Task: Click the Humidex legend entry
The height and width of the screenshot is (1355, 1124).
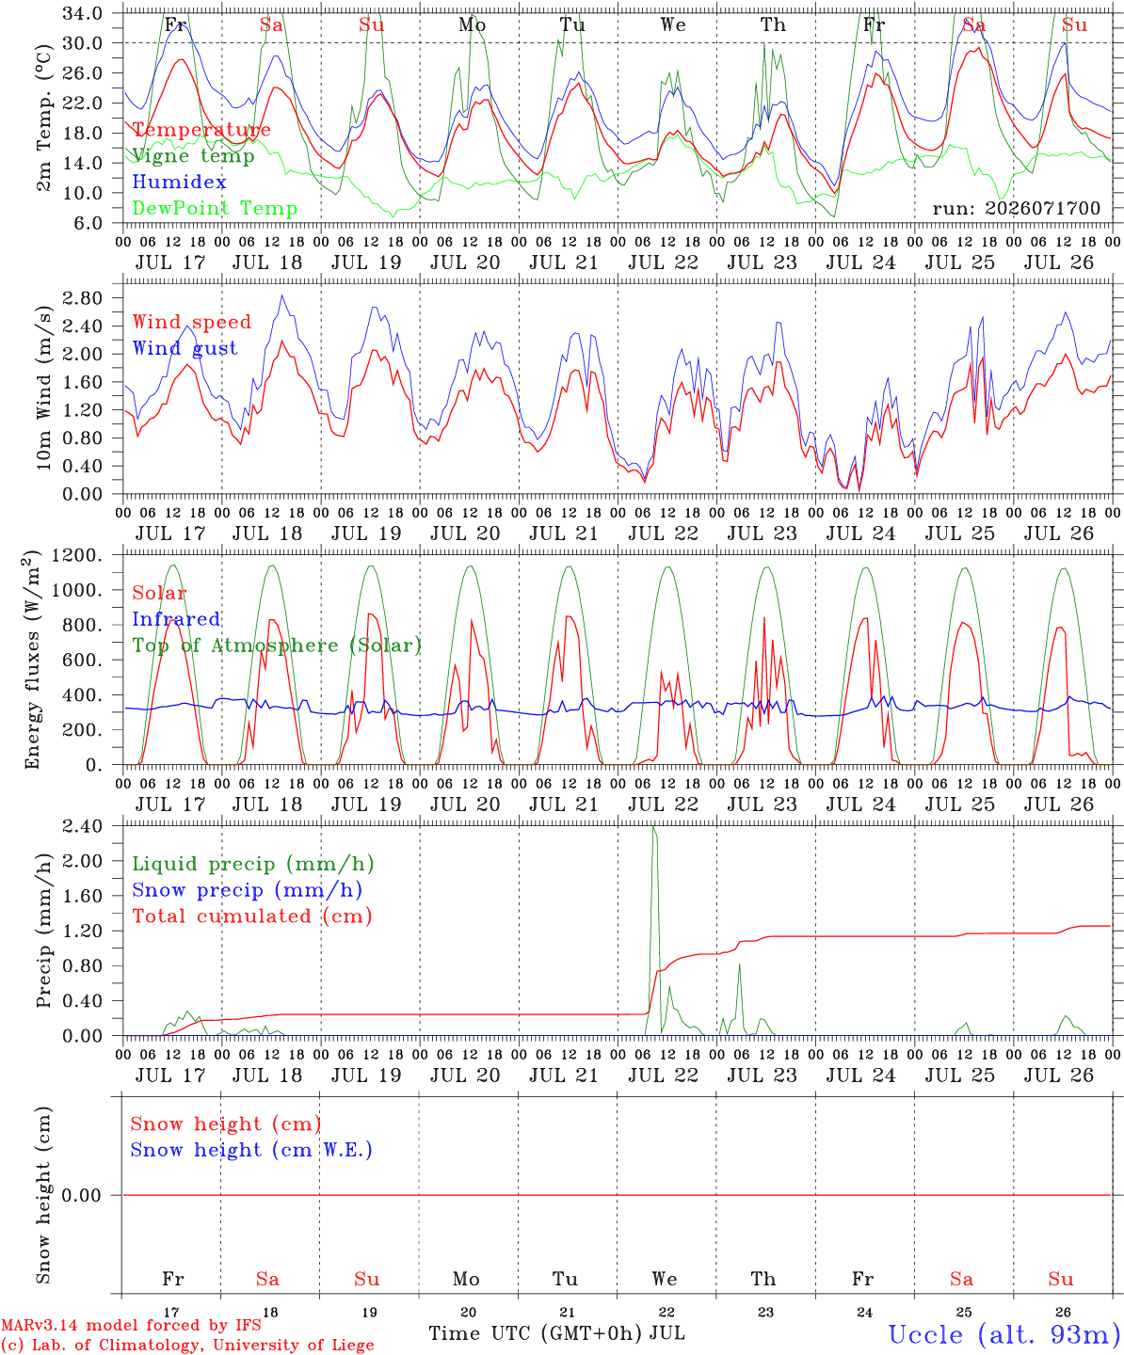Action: [x=179, y=182]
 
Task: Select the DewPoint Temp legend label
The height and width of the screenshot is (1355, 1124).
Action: [x=215, y=208]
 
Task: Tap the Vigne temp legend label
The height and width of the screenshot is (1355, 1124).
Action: [x=193, y=156]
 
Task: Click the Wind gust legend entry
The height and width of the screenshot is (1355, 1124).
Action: [x=185, y=348]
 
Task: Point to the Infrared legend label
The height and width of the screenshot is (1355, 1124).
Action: [x=176, y=619]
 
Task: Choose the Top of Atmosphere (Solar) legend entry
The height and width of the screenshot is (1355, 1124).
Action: [x=278, y=646]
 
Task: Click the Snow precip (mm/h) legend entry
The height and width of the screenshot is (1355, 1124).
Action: [x=247, y=890]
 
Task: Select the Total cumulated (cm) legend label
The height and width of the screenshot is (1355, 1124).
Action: [x=252, y=917]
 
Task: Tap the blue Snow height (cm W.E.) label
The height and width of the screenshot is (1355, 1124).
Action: [x=251, y=1150]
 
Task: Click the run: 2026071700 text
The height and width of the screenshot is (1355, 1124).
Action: [x=1016, y=208]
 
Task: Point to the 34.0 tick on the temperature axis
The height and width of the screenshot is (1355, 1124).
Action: [x=83, y=13]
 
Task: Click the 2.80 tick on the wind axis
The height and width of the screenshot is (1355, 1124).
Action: [x=83, y=298]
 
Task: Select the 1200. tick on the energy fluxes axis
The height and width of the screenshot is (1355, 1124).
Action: [x=77, y=555]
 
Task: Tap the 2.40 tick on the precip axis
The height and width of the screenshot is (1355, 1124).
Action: [x=83, y=827]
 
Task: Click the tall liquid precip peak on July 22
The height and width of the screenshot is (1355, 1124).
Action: [x=654, y=827]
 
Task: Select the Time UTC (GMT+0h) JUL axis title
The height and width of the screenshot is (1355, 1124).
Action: [x=556, y=1333]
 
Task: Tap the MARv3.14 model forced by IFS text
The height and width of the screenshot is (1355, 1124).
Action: [x=131, y=1325]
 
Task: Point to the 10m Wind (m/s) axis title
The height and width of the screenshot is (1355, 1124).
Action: [x=43, y=388]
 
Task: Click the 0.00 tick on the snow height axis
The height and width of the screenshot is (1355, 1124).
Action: [x=81, y=1195]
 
